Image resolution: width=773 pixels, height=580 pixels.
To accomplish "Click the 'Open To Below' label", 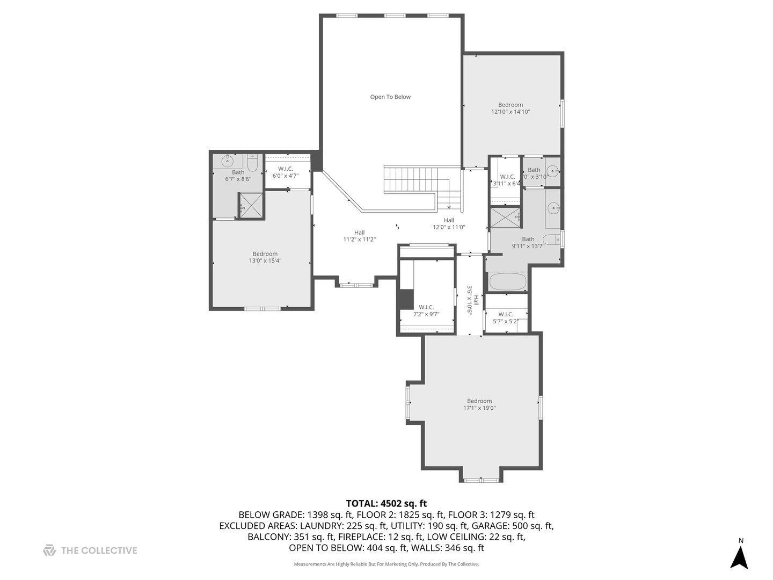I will (x=390, y=97).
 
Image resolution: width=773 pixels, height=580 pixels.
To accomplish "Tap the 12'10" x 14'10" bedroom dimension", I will (x=511, y=112).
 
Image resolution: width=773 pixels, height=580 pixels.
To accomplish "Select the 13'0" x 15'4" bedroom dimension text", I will (x=265, y=261).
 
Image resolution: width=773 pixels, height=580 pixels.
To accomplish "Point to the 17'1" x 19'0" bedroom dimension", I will (x=479, y=408).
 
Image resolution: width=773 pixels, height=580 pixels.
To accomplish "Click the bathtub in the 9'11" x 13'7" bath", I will (x=507, y=282).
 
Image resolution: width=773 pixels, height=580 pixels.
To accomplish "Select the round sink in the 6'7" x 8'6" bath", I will (x=228, y=160).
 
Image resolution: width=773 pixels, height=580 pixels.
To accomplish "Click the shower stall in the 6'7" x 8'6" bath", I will (x=251, y=205).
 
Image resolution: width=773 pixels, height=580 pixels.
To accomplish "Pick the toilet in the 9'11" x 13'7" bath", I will (x=551, y=239).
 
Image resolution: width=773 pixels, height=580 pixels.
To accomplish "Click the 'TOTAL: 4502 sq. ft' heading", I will (x=386, y=503).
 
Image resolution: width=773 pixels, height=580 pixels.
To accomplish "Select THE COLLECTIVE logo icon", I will (x=49, y=550).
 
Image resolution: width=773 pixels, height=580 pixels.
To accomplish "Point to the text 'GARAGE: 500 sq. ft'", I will (x=513, y=526).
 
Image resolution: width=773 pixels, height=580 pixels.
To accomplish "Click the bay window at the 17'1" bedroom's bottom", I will (x=482, y=480).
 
